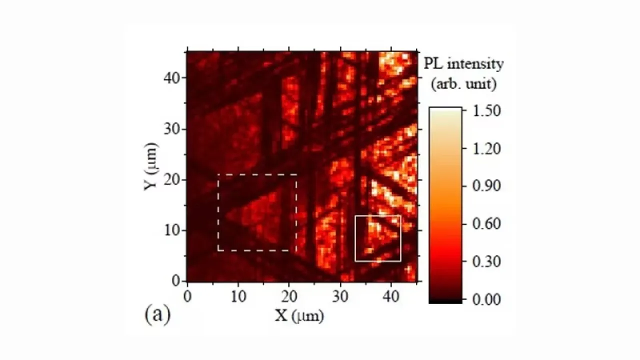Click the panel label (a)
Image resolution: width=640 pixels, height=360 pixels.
click(157, 315)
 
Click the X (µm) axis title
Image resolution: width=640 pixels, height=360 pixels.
click(298, 315)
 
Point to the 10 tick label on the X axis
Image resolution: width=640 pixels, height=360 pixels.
click(238, 296)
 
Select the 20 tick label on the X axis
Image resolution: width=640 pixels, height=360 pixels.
click(289, 296)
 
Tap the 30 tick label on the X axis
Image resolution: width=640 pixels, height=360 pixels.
click(340, 296)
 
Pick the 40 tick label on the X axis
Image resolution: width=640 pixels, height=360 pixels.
click(391, 296)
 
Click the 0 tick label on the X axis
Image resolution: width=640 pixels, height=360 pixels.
click(187, 296)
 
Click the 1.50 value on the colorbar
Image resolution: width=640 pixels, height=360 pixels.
click(486, 110)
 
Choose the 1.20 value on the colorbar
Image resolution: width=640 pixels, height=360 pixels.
click(486, 148)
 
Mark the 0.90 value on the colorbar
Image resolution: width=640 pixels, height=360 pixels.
click(486, 186)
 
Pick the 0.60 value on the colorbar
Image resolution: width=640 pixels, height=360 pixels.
click(486, 223)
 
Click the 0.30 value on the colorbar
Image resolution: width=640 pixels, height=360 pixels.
click(486, 261)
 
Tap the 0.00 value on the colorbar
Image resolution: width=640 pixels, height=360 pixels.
click(486, 299)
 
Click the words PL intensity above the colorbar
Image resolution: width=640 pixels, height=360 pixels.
click(463, 64)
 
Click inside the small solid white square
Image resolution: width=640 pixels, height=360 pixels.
click(378, 238)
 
